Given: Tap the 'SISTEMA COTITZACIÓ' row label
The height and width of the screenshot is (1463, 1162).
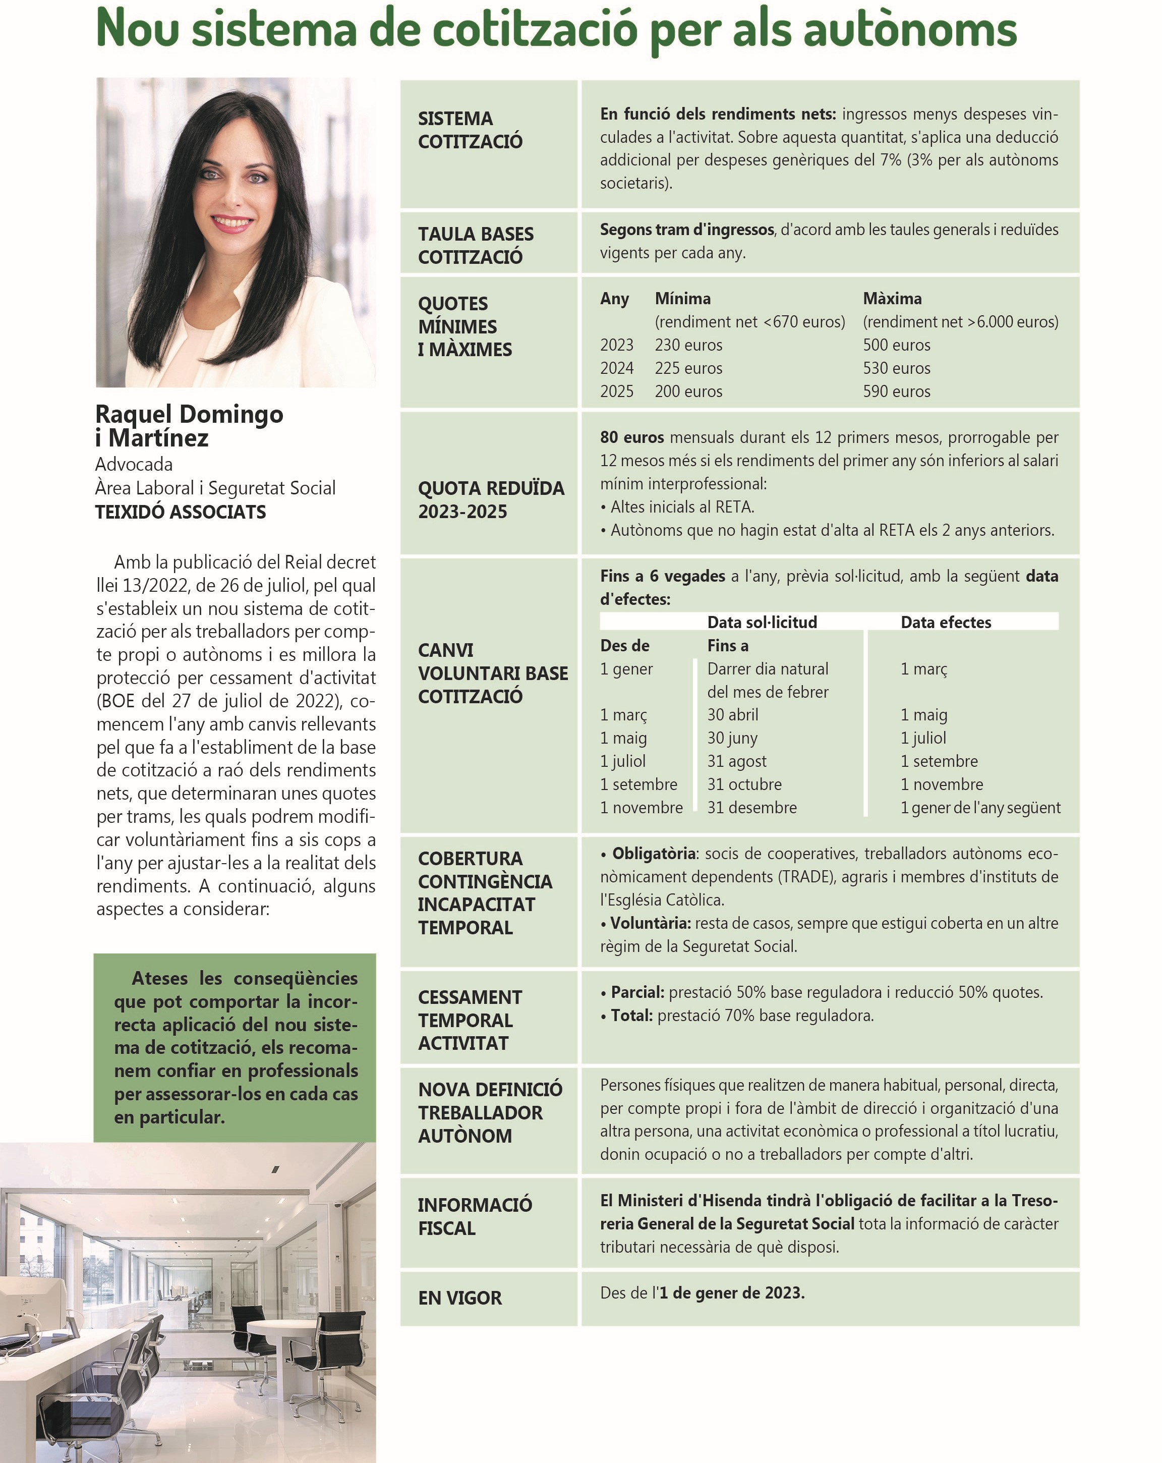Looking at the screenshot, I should pos(470,130).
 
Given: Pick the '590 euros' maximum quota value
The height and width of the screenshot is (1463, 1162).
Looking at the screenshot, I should pos(896,391).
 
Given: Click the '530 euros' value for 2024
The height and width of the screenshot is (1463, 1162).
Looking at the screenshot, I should pos(896,368).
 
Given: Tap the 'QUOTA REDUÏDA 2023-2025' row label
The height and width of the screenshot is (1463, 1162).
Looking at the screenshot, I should pos(490,499).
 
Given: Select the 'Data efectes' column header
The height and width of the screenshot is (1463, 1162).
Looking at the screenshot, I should pos(945,622).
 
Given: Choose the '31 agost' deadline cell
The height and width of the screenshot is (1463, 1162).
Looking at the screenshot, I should pos(737,761).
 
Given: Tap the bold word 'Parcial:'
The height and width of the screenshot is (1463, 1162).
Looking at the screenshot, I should pos(637,992).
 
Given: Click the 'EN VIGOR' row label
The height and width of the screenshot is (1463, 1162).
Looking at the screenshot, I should pos(459,1298).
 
